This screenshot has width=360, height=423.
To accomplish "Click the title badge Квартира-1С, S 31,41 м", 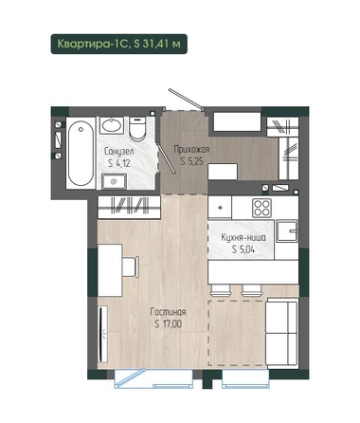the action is pyautogui.click(x=119, y=44).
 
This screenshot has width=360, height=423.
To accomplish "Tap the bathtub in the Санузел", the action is pyautogui.click(x=81, y=154).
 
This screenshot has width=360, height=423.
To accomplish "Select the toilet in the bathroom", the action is pyautogui.click(x=137, y=129).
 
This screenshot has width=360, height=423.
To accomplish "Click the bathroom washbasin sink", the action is pyautogui.click(x=112, y=125).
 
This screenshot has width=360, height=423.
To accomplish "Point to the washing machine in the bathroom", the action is pyautogui.click(x=114, y=181).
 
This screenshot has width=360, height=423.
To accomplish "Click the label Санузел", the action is pyautogui.click(x=119, y=151).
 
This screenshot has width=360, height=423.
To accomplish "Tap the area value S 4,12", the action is pyautogui.click(x=119, y=163).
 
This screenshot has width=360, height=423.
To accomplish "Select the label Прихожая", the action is pyautogui.click(x=191, y=149).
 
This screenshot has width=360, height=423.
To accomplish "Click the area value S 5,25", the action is pyautogui.click(x=191, y=161).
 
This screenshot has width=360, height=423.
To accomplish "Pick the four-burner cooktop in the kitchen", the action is pyautogui.click(x=261, y=208).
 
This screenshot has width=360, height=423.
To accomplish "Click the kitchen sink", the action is pyautogui.click(x=287, y=231).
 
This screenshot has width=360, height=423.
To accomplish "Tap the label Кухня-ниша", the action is pyautogui.click(x=243, y=237).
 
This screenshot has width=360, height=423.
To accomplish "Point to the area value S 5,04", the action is pyautogui.click(x=243, y=249).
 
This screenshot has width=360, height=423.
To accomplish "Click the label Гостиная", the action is pyautogui.click(x=168, y=312).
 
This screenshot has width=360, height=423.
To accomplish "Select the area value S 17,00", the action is pyautogui.click(x=169, y=324).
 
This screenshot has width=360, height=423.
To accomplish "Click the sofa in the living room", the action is pyautogui.click(x=281, y=333).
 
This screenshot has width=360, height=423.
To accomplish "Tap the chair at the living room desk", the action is pyautogui.click(x=131, y=267).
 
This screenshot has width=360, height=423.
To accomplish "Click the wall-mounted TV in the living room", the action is pyautogui.click(x=101, y=334).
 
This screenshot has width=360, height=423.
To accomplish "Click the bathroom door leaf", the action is pyautogui.click(x=166, y=158).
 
